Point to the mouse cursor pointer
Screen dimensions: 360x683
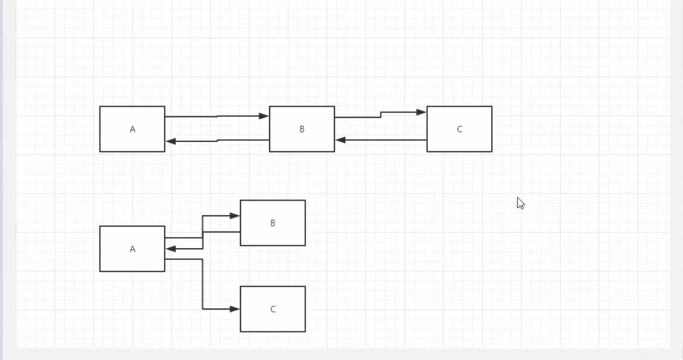pos(520,203)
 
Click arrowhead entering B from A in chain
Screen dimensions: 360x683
pos(264,116)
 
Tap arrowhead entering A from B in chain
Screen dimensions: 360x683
pos(171,141)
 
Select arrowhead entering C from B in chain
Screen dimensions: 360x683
pos(421,112)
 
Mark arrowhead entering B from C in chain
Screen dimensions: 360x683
pos(341,140)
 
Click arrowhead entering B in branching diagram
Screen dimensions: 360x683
pos(235,216)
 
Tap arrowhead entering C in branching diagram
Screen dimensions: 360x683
pos(235,309)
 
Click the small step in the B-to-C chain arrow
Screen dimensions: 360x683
pos(381,115)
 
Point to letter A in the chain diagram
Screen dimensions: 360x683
pos(133,129)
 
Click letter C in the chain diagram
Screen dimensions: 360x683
pos(460,129)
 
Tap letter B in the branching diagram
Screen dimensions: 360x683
pos(273,223)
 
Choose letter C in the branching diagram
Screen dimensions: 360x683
pos(273,309)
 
